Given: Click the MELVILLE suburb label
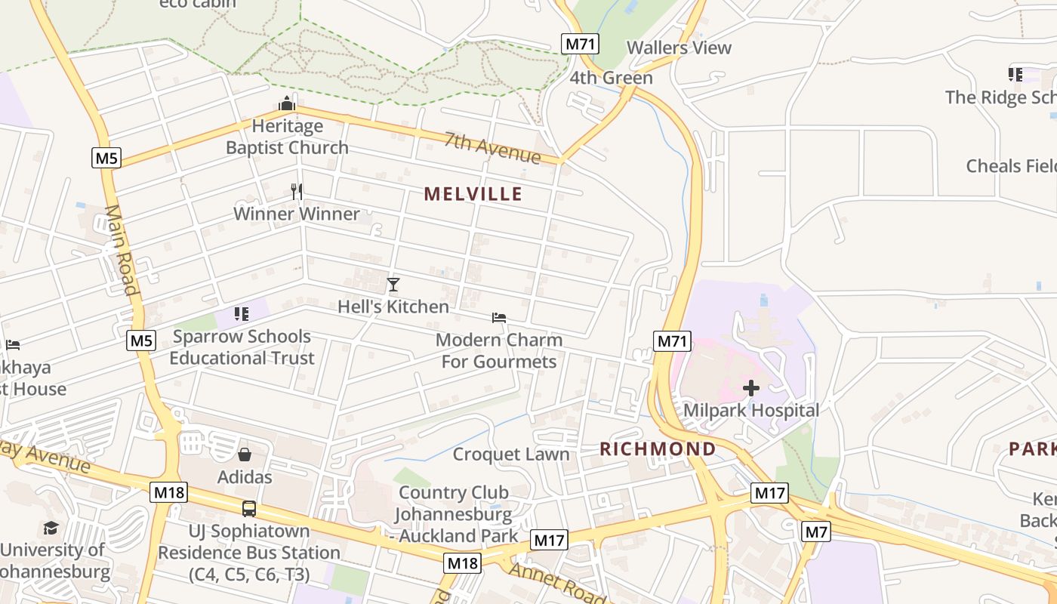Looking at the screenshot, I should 473,194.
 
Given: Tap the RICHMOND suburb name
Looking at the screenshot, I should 658,448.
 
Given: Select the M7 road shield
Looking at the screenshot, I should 815,532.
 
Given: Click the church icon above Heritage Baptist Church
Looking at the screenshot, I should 287,103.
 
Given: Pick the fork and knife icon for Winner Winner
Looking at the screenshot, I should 297,192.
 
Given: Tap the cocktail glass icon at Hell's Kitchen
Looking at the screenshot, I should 393,285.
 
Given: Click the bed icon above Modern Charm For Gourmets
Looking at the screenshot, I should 498,318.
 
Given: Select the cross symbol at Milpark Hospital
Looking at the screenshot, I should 750,388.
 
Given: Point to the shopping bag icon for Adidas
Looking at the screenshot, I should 245,455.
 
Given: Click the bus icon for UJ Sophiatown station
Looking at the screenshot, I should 248,509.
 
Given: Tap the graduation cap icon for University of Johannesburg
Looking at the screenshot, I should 51,528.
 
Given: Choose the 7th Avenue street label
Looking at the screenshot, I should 492,147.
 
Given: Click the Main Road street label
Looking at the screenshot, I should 122,250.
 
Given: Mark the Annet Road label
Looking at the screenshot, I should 557,582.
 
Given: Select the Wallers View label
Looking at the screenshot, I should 679,48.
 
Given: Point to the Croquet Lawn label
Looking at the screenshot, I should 510,455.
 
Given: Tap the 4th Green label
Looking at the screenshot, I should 611,78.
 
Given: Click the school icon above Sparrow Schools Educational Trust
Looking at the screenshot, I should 242,313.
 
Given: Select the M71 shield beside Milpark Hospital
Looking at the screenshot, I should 672,341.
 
